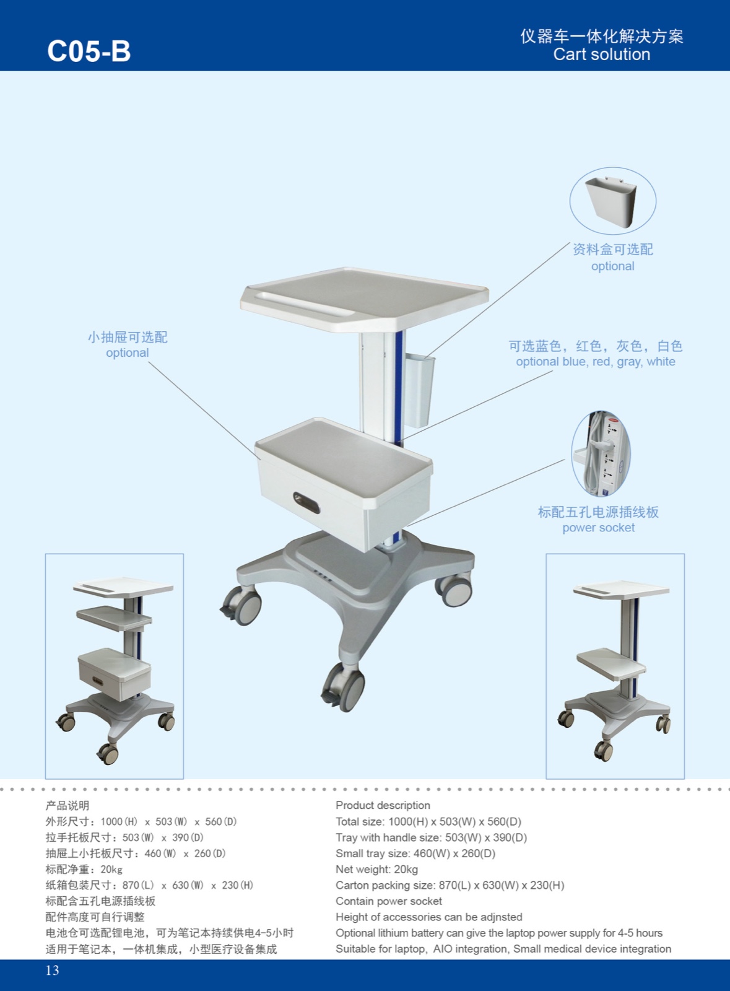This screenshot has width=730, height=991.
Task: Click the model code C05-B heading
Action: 89,51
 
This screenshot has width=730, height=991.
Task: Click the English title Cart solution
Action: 601,55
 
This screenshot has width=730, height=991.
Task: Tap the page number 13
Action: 53,971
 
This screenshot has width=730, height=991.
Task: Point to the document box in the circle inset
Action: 611,201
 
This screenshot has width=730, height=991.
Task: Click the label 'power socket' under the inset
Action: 598,528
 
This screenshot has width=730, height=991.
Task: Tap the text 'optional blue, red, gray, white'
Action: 595,362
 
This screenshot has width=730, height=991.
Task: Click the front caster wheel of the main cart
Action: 344,687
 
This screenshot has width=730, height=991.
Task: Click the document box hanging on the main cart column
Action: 419,390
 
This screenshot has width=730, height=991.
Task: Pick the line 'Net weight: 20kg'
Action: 376,870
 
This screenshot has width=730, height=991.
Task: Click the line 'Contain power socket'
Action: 389,901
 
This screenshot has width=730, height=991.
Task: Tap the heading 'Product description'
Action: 383,805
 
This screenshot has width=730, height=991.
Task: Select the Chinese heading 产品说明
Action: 67,805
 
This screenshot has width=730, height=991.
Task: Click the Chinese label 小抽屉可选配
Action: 128,337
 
